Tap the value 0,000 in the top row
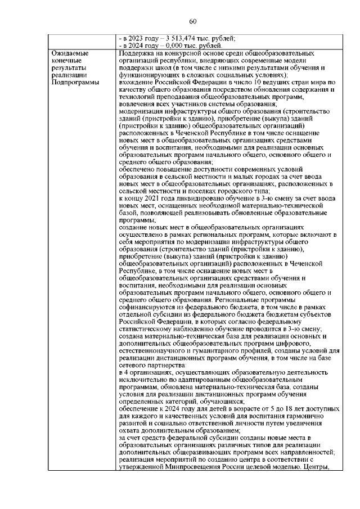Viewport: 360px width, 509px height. (x=168, y=45)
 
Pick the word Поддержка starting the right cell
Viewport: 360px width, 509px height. (x=137, y=53)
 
